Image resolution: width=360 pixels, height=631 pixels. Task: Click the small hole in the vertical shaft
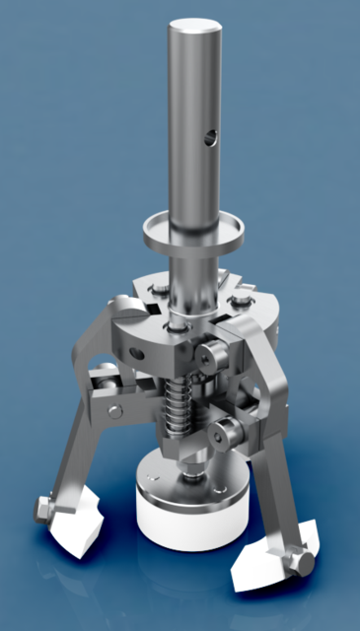click(208, 139)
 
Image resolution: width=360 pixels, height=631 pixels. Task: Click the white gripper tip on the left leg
click(77, 530)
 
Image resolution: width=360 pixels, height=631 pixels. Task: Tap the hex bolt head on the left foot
click(42, 510)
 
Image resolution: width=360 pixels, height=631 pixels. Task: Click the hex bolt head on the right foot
click(299, 564)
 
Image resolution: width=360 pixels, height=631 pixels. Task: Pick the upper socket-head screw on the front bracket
click(209, 355)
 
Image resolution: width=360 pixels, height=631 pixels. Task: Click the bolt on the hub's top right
click(240, 298)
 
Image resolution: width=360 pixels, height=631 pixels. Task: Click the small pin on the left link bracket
click(115, 410)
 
